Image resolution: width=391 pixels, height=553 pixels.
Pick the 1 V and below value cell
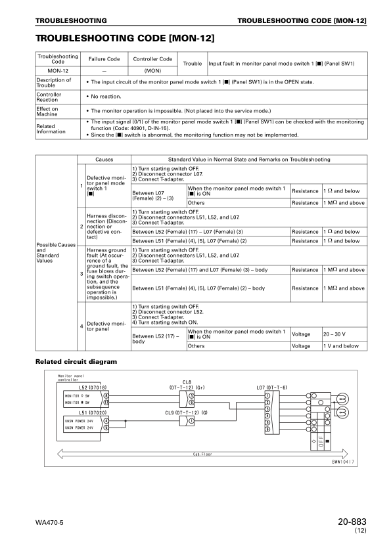[x=341, y=345]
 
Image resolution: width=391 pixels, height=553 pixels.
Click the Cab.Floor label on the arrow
[x=202, y=453]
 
